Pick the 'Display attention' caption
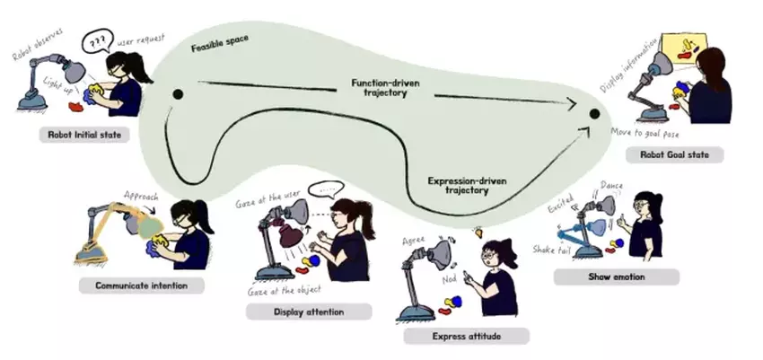tap(307, 312)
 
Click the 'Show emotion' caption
tap(617, 277)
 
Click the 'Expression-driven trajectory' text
tap(465, 185)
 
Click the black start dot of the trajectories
tap(177, 93)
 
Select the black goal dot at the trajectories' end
tap(593, 113)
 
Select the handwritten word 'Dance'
tap(610, 187)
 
